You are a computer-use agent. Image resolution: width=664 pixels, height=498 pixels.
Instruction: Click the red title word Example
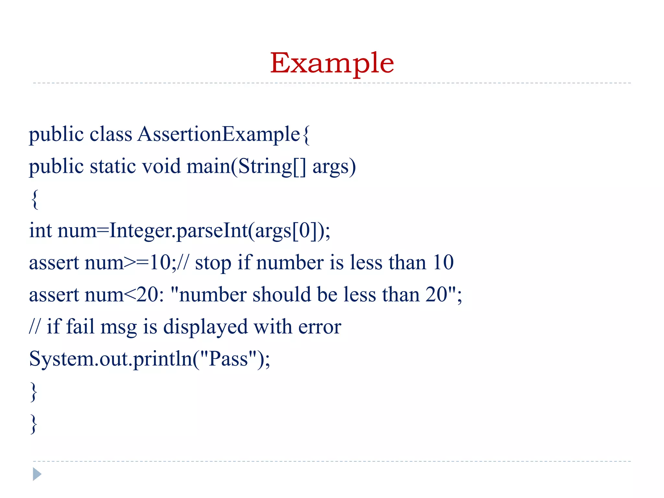coord(332,63)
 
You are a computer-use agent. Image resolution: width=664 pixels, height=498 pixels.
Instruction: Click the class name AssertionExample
coord(219,134)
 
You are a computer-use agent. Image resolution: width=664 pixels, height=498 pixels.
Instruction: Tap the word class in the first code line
coord(111,134)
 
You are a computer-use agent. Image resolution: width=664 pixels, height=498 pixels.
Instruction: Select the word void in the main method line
coord(161,166)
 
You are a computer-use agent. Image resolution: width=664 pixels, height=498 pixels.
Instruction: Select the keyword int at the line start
coord(41,231)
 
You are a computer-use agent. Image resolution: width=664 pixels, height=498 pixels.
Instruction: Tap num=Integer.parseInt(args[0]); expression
coord(194,231)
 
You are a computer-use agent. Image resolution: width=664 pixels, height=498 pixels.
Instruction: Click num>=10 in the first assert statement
coord(127,263)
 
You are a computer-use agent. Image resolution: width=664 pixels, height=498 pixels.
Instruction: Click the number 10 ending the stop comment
coord(443,263)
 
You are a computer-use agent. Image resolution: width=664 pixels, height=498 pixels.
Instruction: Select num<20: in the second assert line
coord(124,295)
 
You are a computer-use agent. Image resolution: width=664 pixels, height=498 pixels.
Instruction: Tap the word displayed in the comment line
coord(205,327)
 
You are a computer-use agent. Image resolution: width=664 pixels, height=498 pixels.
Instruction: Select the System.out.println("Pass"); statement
coord(149,359)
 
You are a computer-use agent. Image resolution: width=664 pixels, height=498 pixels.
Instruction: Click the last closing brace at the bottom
coord(34,423)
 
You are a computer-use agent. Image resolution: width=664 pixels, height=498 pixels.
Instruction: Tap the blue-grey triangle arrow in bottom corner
coord(37,474)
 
